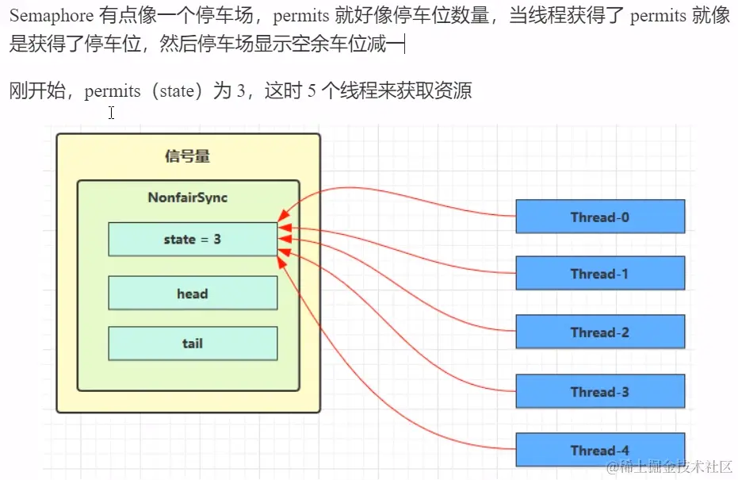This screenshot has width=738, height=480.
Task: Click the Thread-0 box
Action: pos(600,217)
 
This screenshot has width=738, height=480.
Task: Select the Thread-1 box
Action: pos(600,274)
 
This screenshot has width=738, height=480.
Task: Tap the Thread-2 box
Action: pos(600,332)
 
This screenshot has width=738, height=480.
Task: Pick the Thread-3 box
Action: pos(600,391)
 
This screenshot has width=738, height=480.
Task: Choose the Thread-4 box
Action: pos(600,450)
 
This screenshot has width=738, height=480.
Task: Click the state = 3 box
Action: pos(193,239)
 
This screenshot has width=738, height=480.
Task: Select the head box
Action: pos(193,294)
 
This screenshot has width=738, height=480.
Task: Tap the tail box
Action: pos(193,344)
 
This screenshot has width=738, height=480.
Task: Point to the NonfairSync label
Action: pos(188,197)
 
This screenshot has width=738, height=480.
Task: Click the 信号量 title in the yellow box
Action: pos(188,156)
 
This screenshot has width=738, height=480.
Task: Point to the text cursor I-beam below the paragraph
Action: pos(112,113)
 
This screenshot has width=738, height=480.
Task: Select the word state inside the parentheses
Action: pos(177,91)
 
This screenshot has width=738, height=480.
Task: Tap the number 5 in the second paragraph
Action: pos(312,91)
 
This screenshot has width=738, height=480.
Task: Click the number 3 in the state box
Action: pos(217,239)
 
